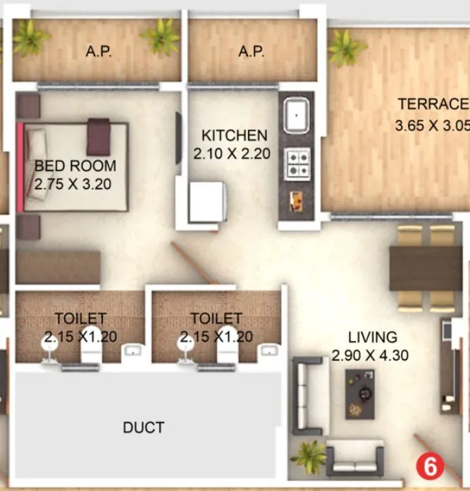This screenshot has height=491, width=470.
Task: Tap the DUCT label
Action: point(144,428)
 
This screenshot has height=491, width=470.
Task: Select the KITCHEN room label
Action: point(235,135)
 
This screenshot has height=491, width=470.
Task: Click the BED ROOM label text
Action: point(75,166)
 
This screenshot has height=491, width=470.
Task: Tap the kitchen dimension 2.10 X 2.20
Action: point(233,154)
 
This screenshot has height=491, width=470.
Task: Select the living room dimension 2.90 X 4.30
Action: point(371,356)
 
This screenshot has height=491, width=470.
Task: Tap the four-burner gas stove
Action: point(297,163)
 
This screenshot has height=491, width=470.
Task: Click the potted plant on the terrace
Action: point(345,46)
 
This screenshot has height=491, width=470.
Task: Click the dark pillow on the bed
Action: point(99,135)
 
